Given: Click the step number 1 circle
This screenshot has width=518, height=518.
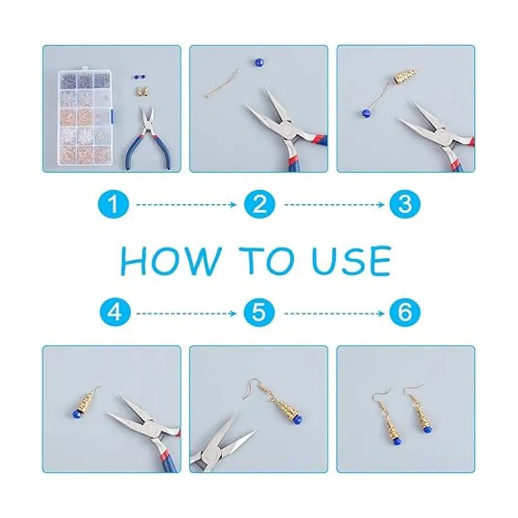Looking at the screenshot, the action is (114, 205).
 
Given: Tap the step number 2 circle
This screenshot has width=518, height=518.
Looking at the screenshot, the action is (259, 205).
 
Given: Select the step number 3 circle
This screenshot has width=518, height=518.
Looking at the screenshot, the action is (405, 205).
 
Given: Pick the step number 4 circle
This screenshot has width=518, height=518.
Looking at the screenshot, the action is (115, 313).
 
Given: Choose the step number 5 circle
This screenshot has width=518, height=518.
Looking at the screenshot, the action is (259, 313).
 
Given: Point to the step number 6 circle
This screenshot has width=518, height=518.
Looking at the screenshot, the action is (405, 313).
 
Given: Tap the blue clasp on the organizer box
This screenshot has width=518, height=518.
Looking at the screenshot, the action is (113, 114).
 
